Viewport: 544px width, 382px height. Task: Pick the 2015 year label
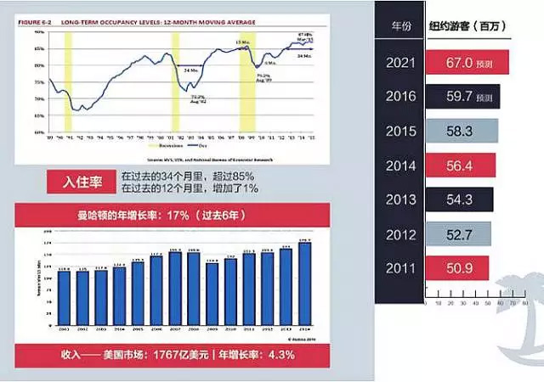pos(400,132)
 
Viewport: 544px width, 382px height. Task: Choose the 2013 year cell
pos(400,201)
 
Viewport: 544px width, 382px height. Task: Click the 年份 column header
pos(400,26)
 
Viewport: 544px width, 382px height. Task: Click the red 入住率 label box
pos(82,180)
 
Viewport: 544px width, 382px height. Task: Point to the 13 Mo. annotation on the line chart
pos(244,42)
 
